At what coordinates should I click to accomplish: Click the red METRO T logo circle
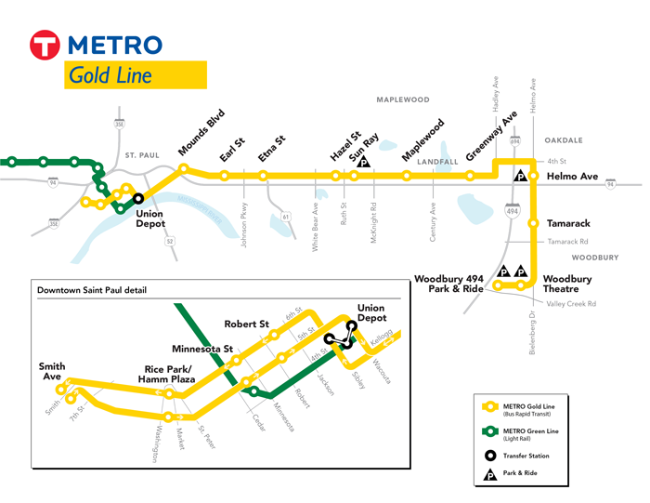tap(45, 46)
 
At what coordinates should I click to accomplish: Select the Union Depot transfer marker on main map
tap(138, 198)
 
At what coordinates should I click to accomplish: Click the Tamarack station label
tap(567, 224)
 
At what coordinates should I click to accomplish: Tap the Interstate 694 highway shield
tap(514, 141)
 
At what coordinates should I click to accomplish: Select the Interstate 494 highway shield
tap(514, 211)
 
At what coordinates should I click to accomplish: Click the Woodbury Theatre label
tap(567, 285)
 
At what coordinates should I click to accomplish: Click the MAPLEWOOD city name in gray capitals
tap(402, 99)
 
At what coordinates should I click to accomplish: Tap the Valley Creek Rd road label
tap(571, 304)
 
